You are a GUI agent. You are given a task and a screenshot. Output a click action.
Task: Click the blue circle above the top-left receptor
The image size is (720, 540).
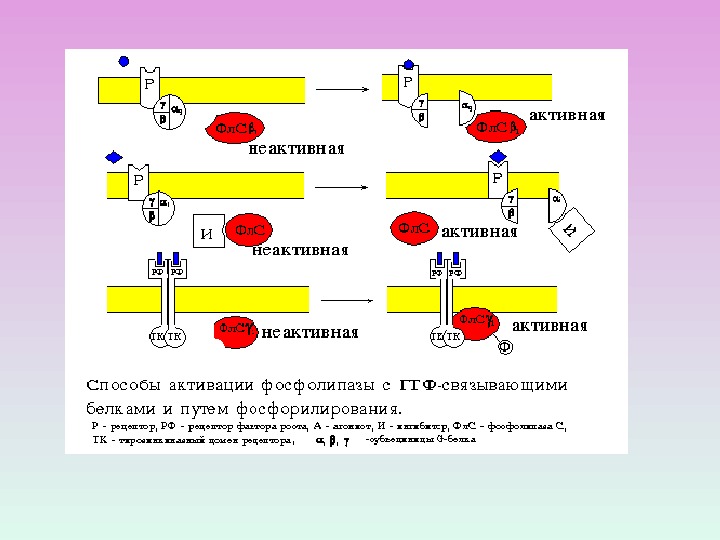pyautogui.click(x=123, y=61)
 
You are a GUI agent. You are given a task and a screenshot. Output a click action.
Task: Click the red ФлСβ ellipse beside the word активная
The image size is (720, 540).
pyautogui.click(x=497, y=127)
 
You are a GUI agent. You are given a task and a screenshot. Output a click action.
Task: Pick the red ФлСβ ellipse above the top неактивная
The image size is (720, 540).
pyautogui.click(x=236, y=127)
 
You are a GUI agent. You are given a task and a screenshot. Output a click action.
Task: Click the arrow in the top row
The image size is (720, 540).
pyautogui.click(x=343, y=90)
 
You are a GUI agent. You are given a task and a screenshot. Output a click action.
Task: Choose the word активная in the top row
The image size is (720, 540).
pyautogui.click(x=567, y=115)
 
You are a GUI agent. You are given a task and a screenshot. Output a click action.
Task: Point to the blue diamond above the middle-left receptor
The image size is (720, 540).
pyautogui.click(x=113, y=157)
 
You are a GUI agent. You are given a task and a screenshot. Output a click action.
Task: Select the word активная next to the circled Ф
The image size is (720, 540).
pyautogui.click(x=549, y=326)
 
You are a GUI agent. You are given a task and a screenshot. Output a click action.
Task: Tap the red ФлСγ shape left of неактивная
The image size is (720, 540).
pyautogui.click(x=236, y=328)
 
